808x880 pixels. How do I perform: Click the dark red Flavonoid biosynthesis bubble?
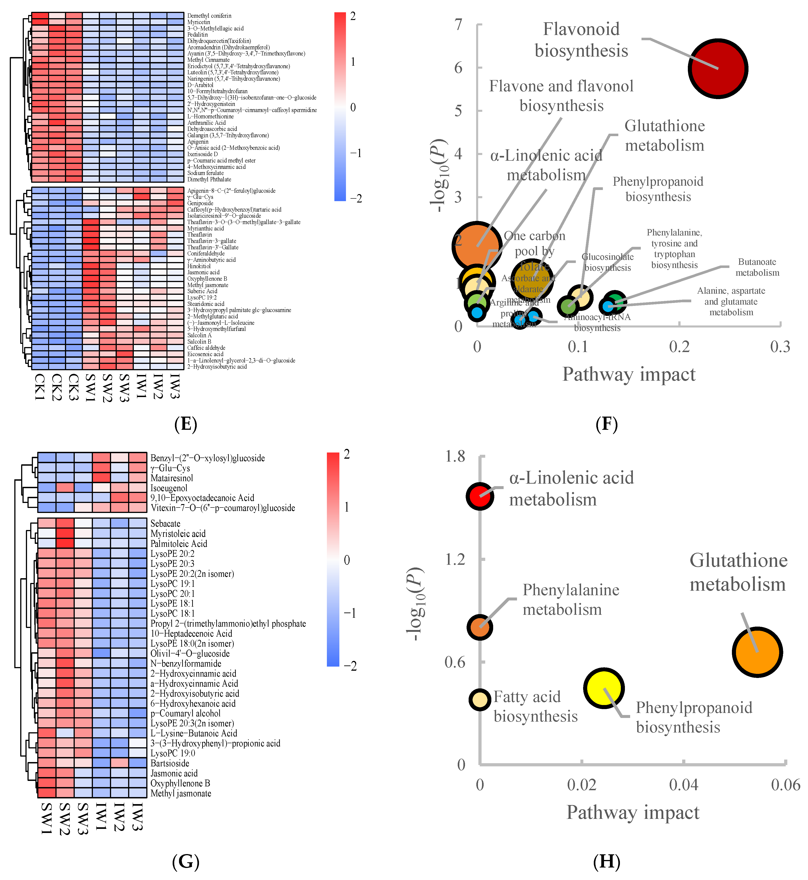click(718, 69)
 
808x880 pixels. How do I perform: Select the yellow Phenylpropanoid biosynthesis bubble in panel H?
click(604, 688)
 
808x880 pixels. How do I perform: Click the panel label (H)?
click(607, 861)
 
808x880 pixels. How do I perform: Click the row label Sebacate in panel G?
click(165, 524)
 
